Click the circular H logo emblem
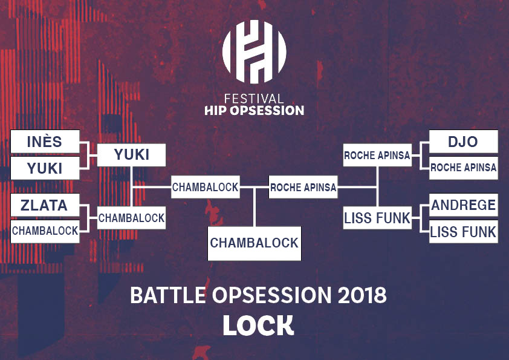(x=254, y=51)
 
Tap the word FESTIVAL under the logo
(x=254, y=99)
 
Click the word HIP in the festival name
(x=216, y=111)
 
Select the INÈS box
(x=45, y=142)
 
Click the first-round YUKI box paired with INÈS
(x=45, y=168)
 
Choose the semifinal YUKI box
(x=131, y=155)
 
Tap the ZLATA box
(x=45, y=205)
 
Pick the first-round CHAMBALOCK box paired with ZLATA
(x=45, y=231)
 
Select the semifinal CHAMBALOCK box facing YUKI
(x=131, y=218)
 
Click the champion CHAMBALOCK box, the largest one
(x=254, y=243)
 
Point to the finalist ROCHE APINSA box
(x=303, y=187)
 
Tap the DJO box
(x=464, y=142)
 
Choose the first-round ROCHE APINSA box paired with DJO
(x=464, y=168)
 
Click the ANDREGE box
(x=464, y=205)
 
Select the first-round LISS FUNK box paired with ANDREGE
(x=464, y=231)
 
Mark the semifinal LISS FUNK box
(x=378, y=218)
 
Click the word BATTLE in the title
(x=168, y=295)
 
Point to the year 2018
(x=362, y=295)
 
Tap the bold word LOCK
(x=258, y=326)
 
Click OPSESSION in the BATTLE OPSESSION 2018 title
(x=272, y=295)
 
